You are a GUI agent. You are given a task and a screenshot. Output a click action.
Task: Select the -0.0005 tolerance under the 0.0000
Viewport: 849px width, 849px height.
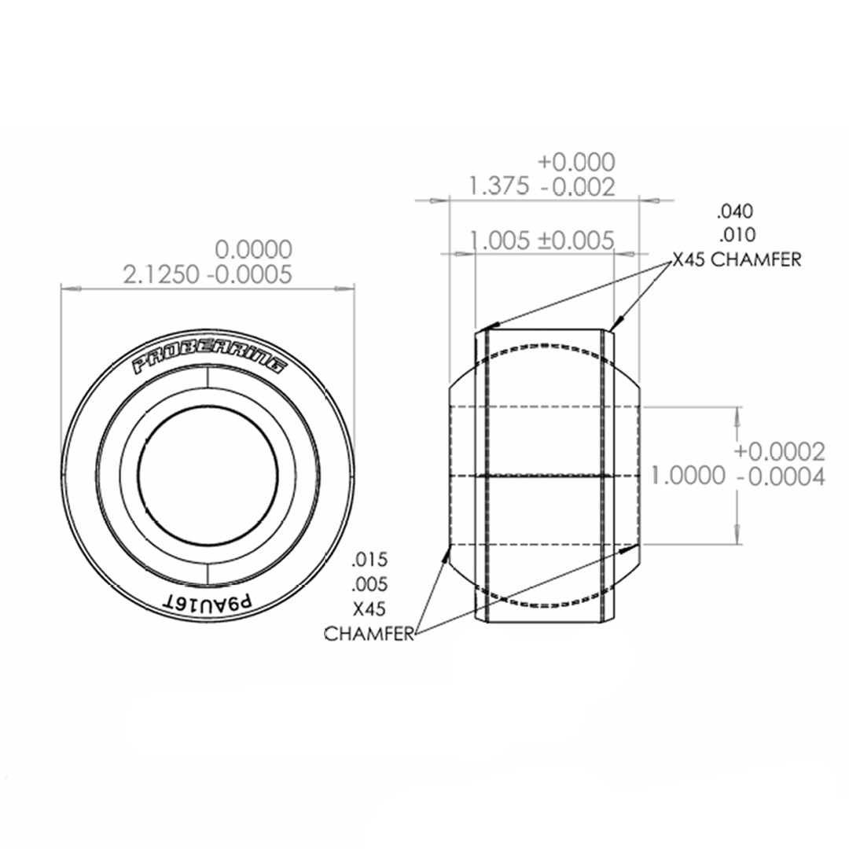coord(249,274)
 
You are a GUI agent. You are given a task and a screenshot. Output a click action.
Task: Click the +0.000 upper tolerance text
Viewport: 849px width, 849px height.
coord(576,162)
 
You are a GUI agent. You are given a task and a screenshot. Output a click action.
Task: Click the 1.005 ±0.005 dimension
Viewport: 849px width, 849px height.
coord(541,240)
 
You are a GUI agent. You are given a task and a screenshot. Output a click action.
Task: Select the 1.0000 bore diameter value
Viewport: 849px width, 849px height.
coord(688,476)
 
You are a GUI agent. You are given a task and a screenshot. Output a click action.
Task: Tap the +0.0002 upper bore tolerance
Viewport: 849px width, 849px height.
coord(779,451)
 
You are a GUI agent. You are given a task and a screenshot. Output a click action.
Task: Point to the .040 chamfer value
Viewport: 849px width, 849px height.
coord(734,211)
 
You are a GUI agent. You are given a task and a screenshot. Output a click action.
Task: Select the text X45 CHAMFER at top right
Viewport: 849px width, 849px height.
coord(736,260)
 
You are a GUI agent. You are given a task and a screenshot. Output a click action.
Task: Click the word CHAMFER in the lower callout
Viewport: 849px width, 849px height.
coord(369,634)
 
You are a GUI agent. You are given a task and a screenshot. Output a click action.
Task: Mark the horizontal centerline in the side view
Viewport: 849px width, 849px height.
coord(542,476)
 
